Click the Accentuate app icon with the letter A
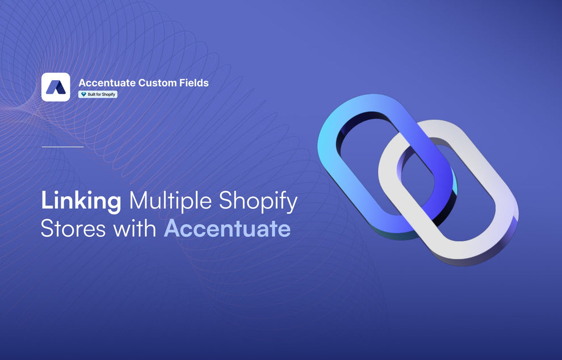click(56, 87)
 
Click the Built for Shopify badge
click(98, 94)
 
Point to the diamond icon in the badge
click(83, 94)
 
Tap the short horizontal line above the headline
click(62, 146)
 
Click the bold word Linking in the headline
click(81, 203)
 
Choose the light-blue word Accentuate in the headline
click(227, 229)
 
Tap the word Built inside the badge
click(91, 94)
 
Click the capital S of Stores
click(47, 229)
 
